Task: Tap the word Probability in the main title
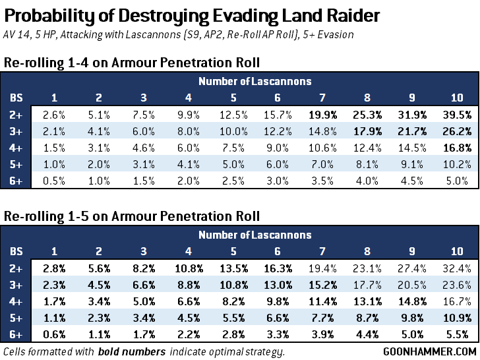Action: (x=45, y=15)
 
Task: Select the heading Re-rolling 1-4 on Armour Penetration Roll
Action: (x=131, y=63)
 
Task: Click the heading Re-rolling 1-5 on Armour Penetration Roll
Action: (x=131, y=216)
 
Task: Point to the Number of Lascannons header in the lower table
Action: (x=255, y=235)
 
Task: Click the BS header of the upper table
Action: (x=16, y=98)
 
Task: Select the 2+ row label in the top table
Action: (x=16, y=114)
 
